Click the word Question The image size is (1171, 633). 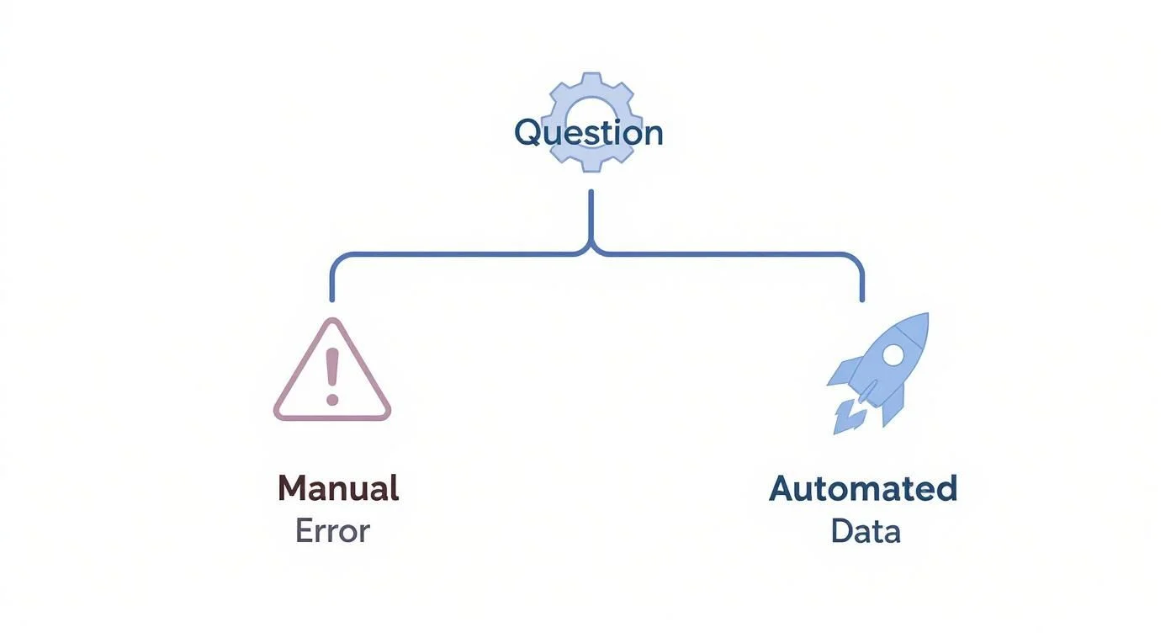pyautogui.click(x=588, y=133)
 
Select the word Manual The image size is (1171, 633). pyautogui.click(x=338, y=488)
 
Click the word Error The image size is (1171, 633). pyautogui.click(x=332, y=531)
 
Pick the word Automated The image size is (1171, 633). pyautogui.click(x=863, y=488)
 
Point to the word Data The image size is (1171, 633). pyautogui.click(x=866, y=531)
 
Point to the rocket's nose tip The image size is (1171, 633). pyautogui.click(x=926, y=316)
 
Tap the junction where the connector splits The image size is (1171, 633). pyautogui.click(x=591, y=250)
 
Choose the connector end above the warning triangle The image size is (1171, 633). pyautogui.click(x=332, y=298)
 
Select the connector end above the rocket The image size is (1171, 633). pyautogui.click(x=862, y=298)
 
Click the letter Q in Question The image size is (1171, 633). pyautogui.click(x=527, y=133)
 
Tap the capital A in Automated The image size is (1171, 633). pyautogui.click(x=783, y=488)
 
